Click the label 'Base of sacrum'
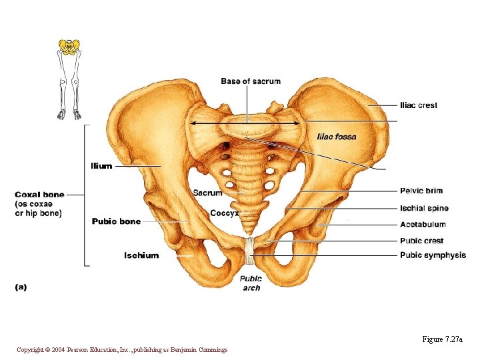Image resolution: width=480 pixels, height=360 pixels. pyautogui.click(x=251, y=81)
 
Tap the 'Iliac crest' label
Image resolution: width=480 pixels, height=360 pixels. pyautogui.click(x=419, y=105)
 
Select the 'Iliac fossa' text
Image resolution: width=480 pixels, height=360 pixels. pyautogui.click(x=337, y=137)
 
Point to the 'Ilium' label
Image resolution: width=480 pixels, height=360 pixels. pyautogui.click(x=101, y=166)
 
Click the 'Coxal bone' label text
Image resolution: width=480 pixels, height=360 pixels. pyautogui.click(x=40, y=195)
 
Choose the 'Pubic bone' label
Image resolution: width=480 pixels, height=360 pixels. pyautogui.click(x=116, y=221)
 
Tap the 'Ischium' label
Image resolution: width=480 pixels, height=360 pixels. pyautogui.click(x=141, y=255)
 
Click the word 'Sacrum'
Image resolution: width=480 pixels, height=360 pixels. pyautogui.click(x=207, y=193)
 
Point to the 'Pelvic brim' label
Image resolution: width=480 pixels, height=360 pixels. pyautogui.click(x=421, y=191)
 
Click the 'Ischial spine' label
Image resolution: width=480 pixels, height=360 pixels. pyautogui.click(x=424, y=209)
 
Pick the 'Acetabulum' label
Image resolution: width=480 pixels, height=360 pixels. pyautogui.click(x=423, y=225)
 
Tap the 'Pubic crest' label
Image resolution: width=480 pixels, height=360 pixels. pyautogui.click(x=421, y=241)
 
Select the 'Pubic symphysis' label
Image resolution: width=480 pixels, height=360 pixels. pyautogui.click(x=433, y=255)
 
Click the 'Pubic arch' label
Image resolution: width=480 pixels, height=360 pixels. pyautogui.click(x=251, y=283)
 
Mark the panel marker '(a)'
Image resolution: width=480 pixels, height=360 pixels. pyautogui.click(x=21, y=287)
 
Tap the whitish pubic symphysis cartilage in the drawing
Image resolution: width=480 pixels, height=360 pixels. pyautogui.click(x=250, y=249)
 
